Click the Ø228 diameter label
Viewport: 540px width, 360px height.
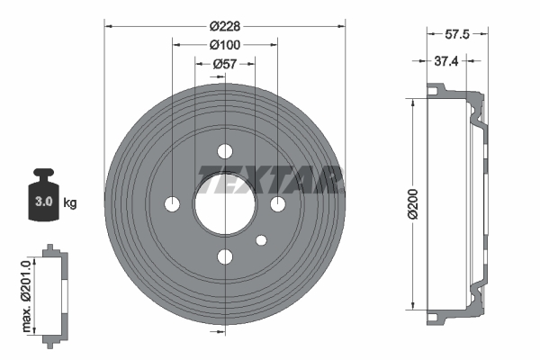click(x=225, y=26)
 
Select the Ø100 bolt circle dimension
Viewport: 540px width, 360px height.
click(x=225, y=45)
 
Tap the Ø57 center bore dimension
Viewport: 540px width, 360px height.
click(x=225, y=64)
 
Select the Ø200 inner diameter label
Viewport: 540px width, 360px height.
click(x=412, y=204)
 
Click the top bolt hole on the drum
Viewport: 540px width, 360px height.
click(x=225, y=151)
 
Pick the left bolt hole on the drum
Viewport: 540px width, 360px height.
click(x=173, y=204)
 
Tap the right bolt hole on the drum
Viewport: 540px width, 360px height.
click(x=278, y=204)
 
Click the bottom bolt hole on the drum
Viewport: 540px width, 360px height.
click(x=225, y=257)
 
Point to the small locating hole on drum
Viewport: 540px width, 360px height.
click(x=262, y=240)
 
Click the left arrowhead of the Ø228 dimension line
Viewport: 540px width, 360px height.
click(x=108, y=26)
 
